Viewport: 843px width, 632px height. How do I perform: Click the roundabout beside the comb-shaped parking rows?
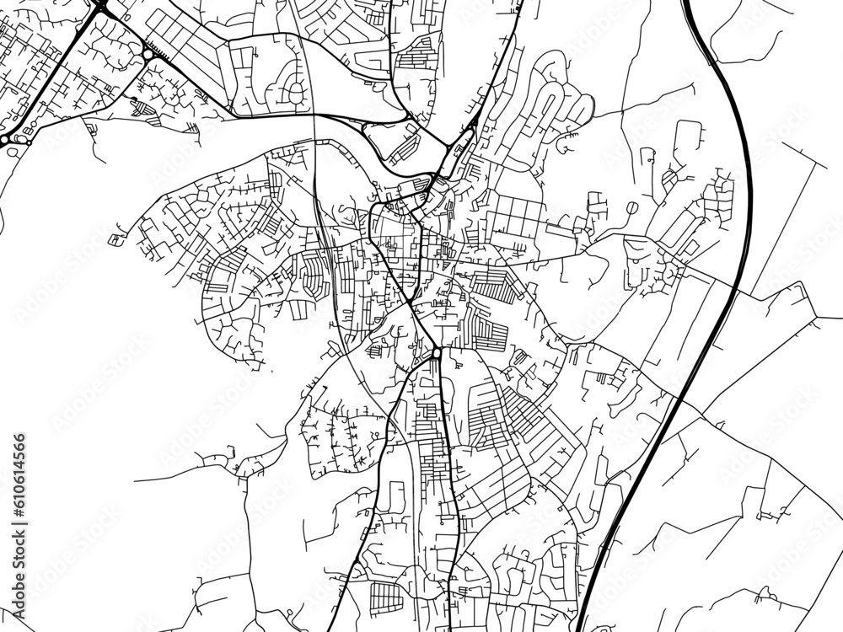point(148,54)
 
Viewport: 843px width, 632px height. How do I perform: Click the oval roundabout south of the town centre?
point(436,353)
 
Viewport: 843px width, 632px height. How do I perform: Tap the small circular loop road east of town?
point(631,207)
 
